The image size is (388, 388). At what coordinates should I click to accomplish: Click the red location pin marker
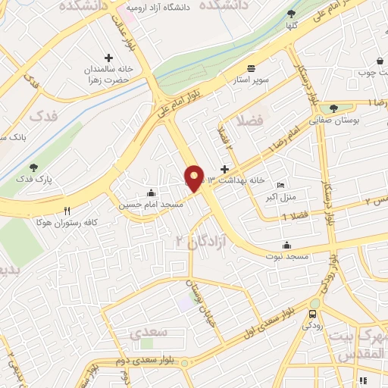click(x=195, y=178)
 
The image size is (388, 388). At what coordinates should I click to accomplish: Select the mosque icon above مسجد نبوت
click(x=286, y=245)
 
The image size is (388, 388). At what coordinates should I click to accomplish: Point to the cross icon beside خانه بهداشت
click(x=224, y=169)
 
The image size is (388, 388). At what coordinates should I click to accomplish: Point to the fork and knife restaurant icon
click(x=67, y=211)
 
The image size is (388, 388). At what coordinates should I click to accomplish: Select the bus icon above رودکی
click(x=313, y=314)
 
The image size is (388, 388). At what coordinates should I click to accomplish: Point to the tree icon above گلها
click(x=292, y=13)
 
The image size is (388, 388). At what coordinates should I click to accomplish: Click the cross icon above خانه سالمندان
click(x=109, y=58)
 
